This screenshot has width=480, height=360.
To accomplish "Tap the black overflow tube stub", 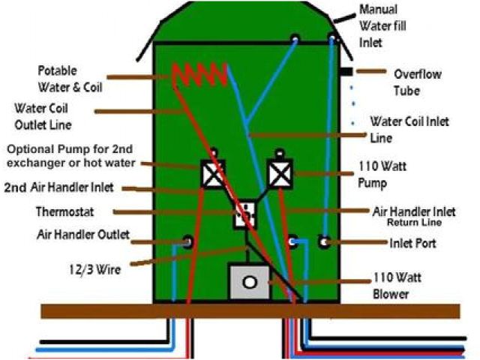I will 346,71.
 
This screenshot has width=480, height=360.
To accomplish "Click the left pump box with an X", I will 214,175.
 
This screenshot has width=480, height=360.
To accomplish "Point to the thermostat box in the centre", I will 245,214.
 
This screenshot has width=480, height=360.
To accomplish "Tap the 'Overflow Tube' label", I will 417,82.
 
